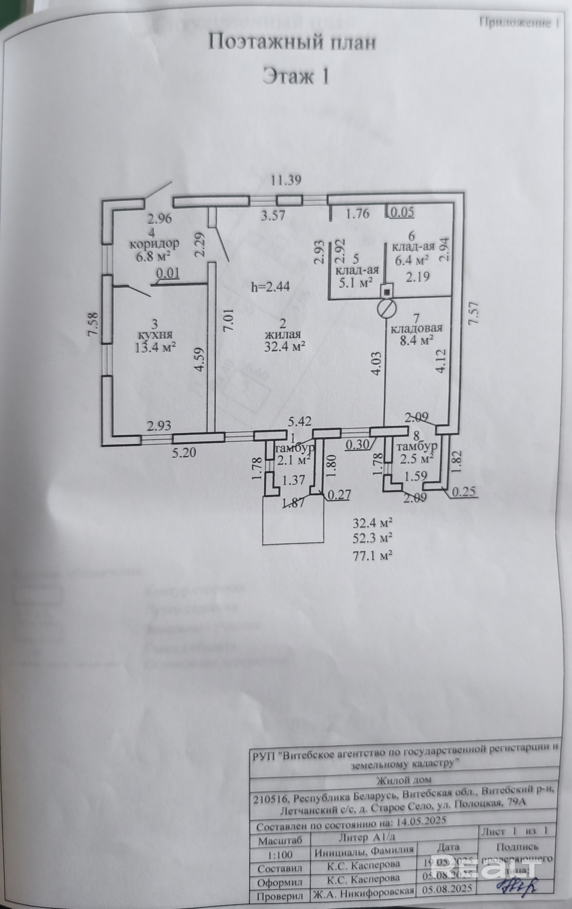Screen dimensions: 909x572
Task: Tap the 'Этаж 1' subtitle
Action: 296,76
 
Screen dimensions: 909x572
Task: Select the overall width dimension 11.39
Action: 286,180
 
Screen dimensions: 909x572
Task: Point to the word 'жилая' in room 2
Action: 283,335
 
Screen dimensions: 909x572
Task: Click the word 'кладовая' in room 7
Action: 416,328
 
